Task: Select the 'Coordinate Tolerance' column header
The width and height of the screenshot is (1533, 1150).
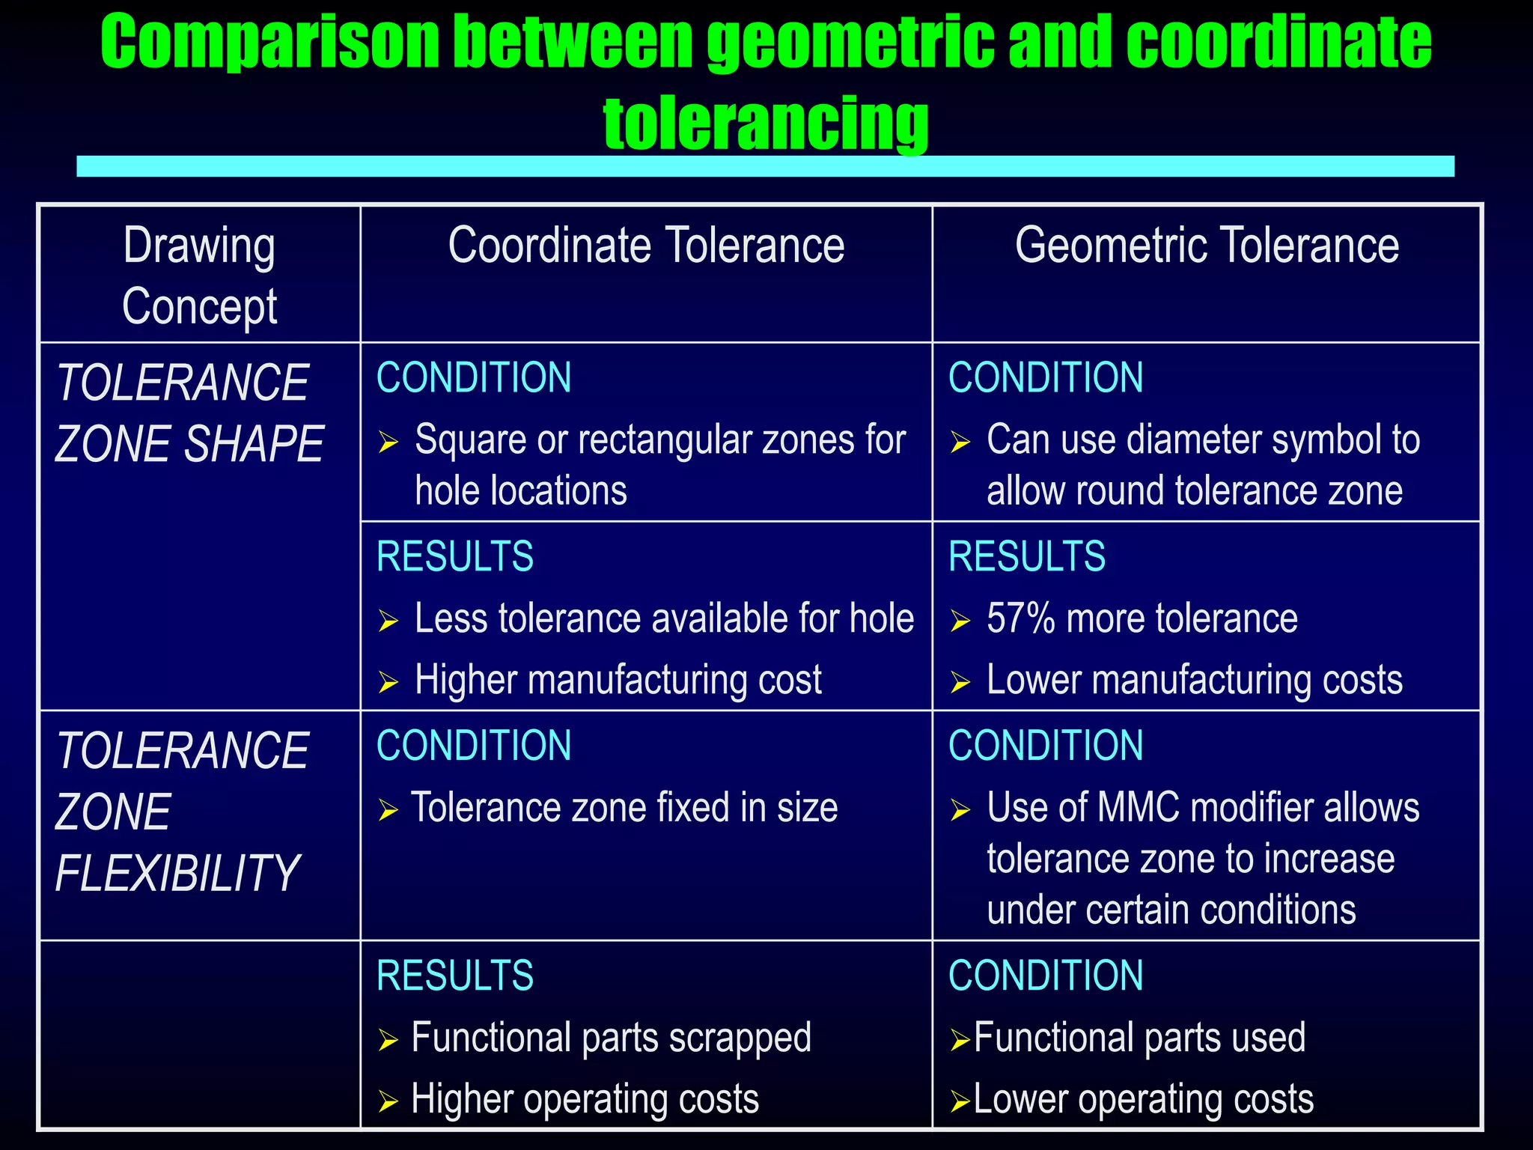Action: click(x=646, y=246)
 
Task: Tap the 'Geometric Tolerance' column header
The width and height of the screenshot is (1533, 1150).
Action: click(x=1207, y=246)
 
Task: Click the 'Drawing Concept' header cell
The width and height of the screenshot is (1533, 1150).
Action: click(x=199, y=276)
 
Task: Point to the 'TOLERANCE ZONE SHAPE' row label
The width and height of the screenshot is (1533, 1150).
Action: click(x=189, y=413)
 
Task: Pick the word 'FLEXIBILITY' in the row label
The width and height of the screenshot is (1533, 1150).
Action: click(x=177, y=874)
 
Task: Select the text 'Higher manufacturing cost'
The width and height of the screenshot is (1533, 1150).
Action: click(x=618, y=680)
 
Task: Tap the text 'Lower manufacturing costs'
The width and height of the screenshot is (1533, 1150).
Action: click(x=1194, y=680)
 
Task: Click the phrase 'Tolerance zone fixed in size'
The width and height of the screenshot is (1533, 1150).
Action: click(x=624, y=808)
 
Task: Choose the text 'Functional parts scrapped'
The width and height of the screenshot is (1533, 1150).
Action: click(x=611, y=1038)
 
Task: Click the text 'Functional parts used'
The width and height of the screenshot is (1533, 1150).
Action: click(x=1139, y=1038)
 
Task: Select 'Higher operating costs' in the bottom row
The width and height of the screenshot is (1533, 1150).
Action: click(x=585, y=1099)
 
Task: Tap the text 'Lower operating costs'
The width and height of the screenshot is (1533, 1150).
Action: click(x=1143, y=1099)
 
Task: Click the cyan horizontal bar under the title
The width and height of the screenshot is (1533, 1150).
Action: click(x=765, y=166)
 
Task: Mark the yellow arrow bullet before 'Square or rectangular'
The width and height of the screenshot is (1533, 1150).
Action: click(x=388, y=442)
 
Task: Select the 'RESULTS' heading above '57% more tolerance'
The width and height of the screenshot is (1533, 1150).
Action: click(x=1026, y=556)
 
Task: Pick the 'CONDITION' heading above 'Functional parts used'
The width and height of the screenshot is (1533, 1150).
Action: click(x=1045, y=976)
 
